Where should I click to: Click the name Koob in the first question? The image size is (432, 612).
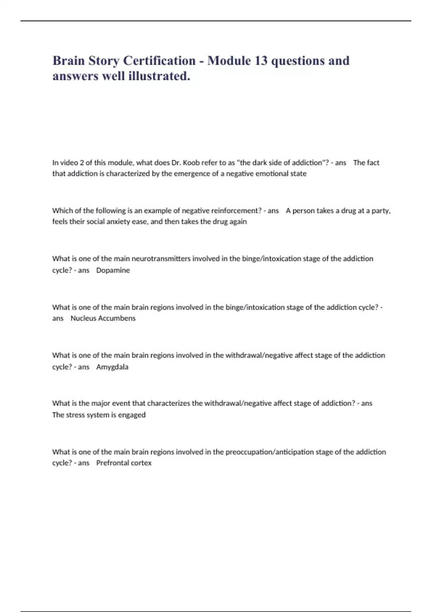(x=191, y=163)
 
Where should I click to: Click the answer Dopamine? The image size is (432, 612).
(x=113, y=270)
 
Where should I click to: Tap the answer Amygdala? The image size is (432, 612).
(x=112, y=367)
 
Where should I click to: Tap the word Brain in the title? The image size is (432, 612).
(x=68, y=61)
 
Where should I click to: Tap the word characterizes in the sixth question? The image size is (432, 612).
(x=168, y=404)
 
